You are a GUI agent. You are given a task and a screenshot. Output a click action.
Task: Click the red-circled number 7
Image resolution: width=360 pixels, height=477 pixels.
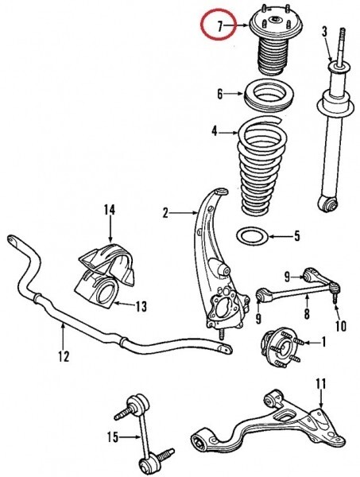click(x=220, y=26)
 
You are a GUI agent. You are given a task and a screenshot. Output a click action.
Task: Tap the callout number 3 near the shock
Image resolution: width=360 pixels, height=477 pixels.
click(x=325, y=32)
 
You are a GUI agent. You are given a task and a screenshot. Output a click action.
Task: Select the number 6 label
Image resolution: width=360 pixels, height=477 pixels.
click(x=220, y=94)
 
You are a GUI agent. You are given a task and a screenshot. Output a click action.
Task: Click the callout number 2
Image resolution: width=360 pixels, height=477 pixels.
click(x=165, y=213)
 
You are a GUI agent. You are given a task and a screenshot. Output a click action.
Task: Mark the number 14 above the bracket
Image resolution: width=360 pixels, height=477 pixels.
click(x=110, y=210)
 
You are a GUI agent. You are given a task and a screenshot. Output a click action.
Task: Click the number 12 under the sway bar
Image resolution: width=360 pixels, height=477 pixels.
click(x=64, y=356)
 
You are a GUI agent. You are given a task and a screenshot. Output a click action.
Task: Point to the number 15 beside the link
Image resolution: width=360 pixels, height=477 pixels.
click(x=113, y=437)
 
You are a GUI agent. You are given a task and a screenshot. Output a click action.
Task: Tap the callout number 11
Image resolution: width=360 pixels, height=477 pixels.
click(x=321, y=384)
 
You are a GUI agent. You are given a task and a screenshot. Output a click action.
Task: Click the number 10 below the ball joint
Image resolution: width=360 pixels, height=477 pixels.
click(x=341, y=326)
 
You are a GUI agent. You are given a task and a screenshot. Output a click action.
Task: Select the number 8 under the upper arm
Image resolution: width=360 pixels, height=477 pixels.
click(x=307, y=313)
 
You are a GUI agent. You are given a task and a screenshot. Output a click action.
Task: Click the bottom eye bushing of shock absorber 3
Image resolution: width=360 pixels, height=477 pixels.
click(x=328, y=203)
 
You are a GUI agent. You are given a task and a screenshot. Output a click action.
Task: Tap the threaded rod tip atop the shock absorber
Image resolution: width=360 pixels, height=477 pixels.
click(x=343, y=29)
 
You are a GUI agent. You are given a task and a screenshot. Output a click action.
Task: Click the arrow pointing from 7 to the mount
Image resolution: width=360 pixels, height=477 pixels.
click(x=238, y=26)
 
